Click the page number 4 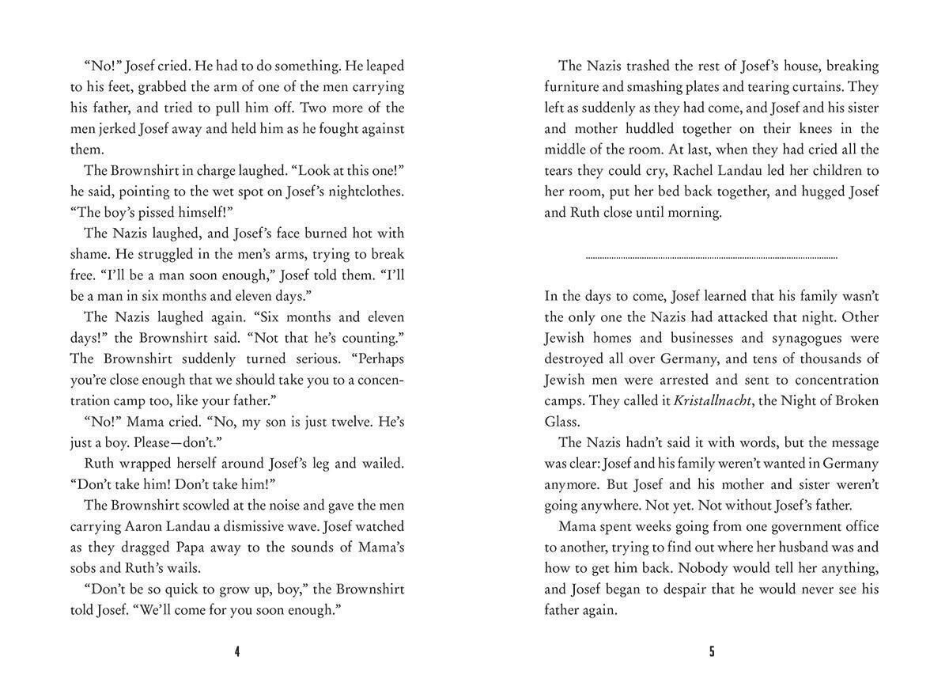[x=237, y=652]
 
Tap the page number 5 [x=712, y=652]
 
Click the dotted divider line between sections [x=711, y=257]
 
